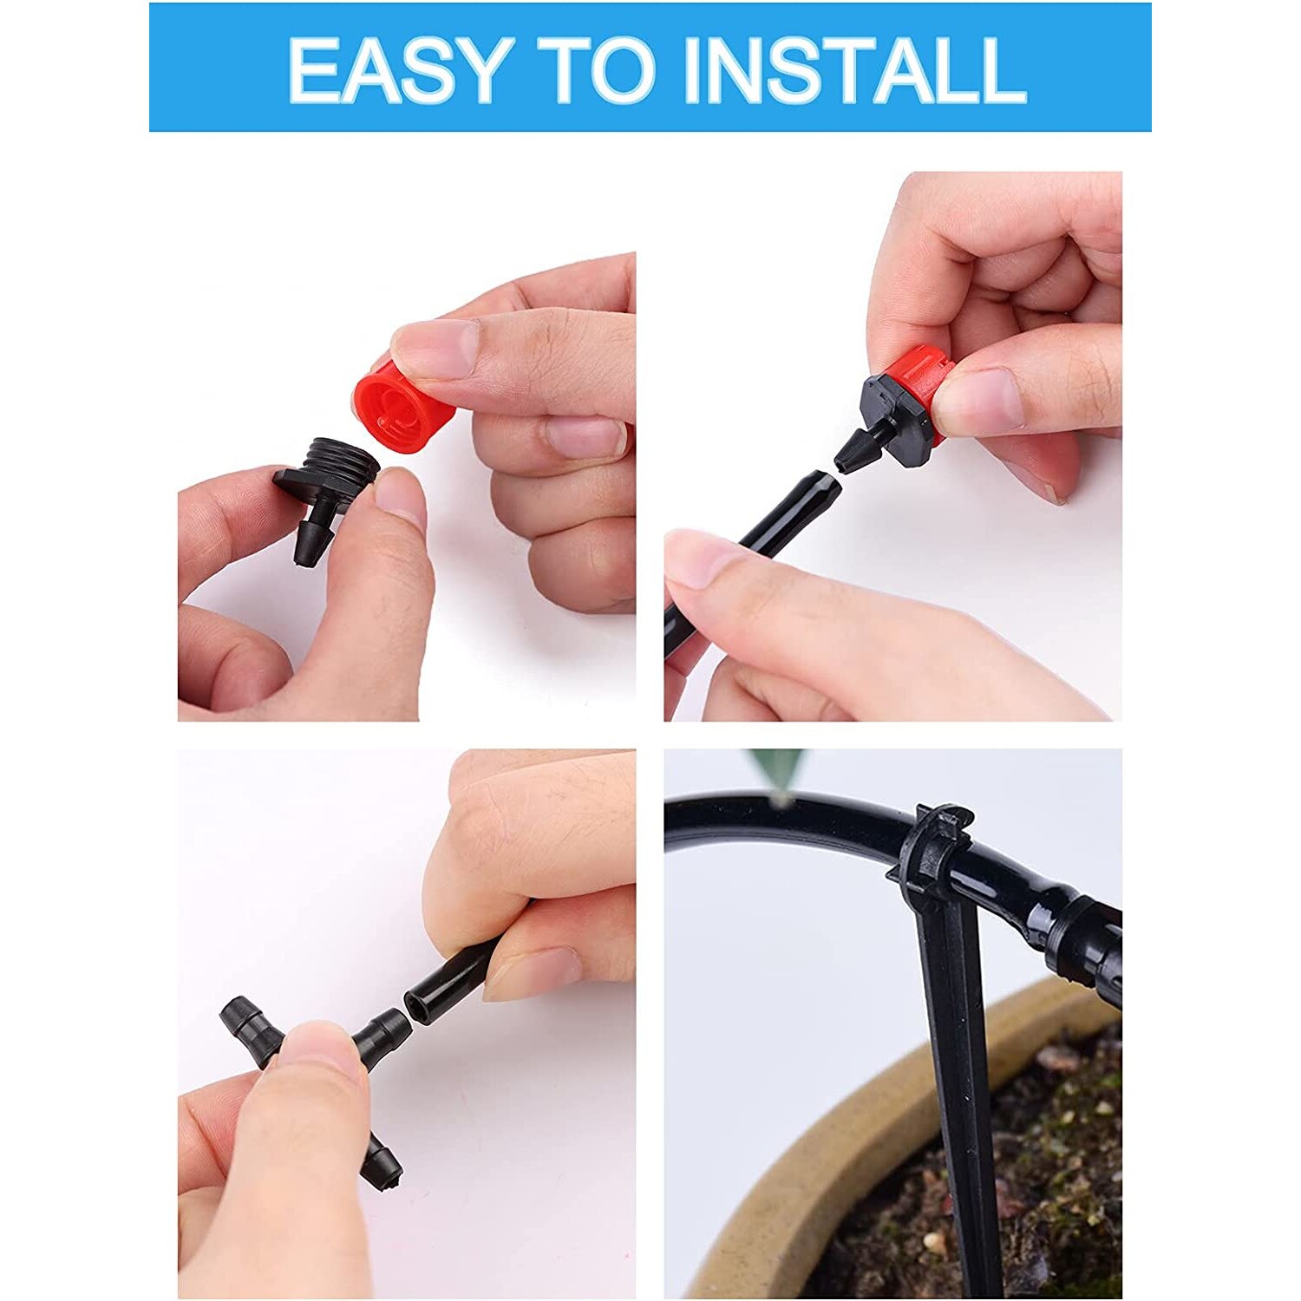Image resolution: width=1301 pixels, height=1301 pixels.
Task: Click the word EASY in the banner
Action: (x=395, y=69)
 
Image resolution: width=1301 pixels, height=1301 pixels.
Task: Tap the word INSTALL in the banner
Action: (x=854, y=69)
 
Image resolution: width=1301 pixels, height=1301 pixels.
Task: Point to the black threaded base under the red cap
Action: (x=334, y=473)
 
